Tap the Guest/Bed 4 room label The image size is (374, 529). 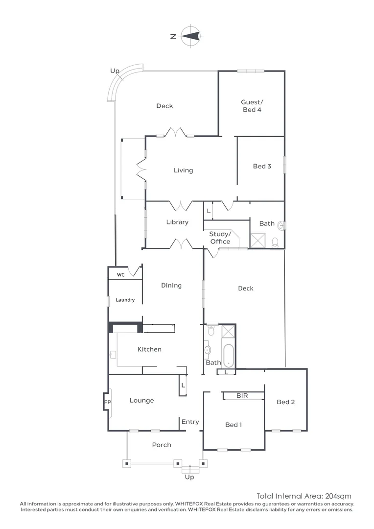coord(252,106)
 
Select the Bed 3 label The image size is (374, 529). coord(262,167)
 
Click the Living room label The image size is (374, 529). coord(183,170)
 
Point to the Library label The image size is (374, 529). coord(177,222)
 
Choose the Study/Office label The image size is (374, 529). coord(220,238)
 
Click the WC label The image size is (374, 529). coord(120,275)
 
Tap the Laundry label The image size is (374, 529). coord(125,300)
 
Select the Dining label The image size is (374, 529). coord(171,286)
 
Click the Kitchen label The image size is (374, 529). coord(149,349)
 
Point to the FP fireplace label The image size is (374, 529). coord(107,402)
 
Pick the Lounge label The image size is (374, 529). coord(141,401)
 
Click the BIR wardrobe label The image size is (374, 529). coord(242,395)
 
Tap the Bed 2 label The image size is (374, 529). coord(286,402)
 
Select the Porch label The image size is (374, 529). coord(162,445)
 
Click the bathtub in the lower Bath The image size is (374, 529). coord(229,355)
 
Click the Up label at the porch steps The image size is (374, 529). coord(189,477)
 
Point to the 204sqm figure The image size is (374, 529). coord(338,496)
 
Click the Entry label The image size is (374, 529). coord(190,422)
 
